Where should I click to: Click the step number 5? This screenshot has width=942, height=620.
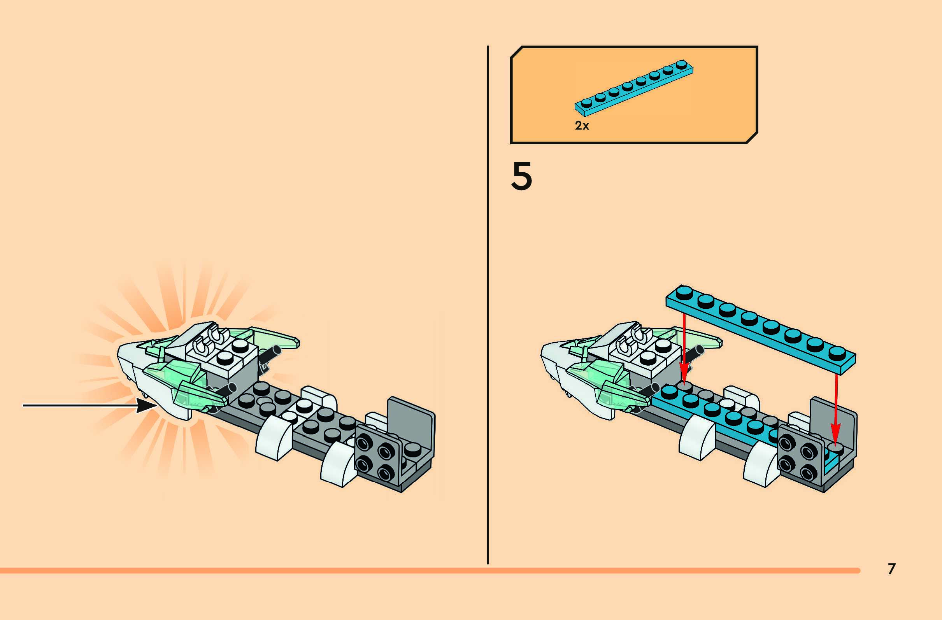click(521, 176)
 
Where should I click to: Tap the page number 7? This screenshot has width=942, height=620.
click(891, 569)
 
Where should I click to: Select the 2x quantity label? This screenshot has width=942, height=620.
click(582, 126)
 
